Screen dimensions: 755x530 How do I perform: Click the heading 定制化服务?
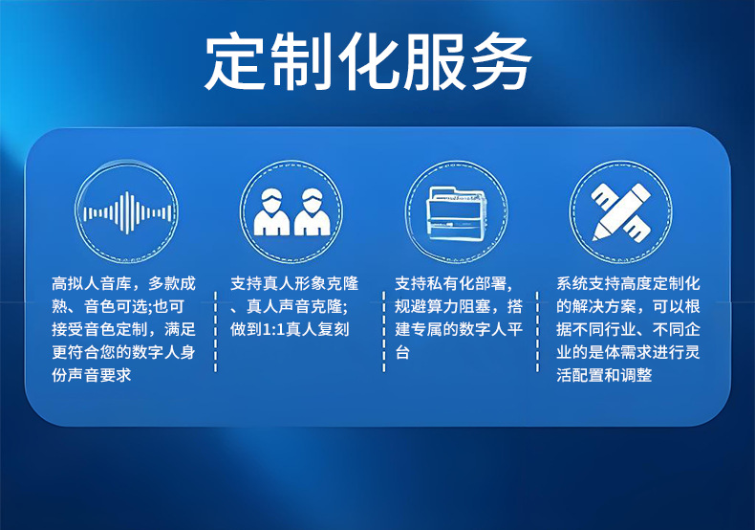[x=368, y=61]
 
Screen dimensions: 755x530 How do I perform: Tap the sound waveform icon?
[x=127, y=212]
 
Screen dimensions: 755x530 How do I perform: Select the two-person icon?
[x=291, y=212]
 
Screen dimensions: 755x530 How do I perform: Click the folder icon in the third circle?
[x=457, y=213]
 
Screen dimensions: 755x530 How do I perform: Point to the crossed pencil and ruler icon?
[x=620, y=211]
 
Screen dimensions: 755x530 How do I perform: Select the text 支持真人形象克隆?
[x=294, y=283]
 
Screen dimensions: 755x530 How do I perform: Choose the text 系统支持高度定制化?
[x=628, y=283]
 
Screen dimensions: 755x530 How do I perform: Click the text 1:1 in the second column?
[x=273, y=329]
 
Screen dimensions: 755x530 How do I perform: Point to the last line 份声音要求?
[x=92, y=375]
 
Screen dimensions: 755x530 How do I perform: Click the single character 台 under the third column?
[x=402, y=352]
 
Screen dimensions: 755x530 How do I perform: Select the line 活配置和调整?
[x=604, y=375]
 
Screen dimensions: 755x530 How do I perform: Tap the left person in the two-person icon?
[x=271, y=212]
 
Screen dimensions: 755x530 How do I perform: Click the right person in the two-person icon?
[x=312, y=212]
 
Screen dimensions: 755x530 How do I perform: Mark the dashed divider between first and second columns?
[x=215, y=332]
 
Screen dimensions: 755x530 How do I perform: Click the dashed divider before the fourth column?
[x=537, y=332]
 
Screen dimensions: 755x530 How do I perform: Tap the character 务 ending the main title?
[x=502, y=61]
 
